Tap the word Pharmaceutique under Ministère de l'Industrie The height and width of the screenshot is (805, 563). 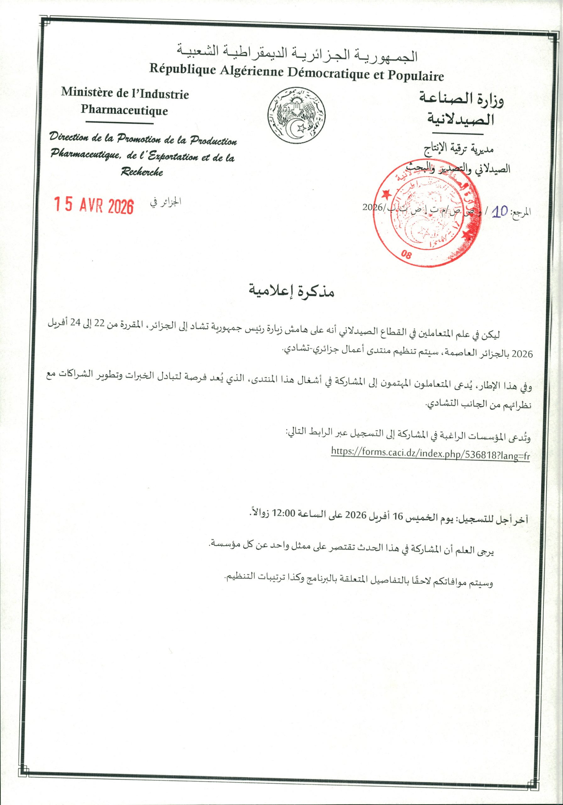click(x=124, y=111)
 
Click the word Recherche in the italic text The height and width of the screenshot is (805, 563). click(x=142, y=171)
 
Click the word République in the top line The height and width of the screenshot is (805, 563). click(x=182, y=69)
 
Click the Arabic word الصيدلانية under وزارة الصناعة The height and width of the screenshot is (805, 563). click(x=460, y=119)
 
